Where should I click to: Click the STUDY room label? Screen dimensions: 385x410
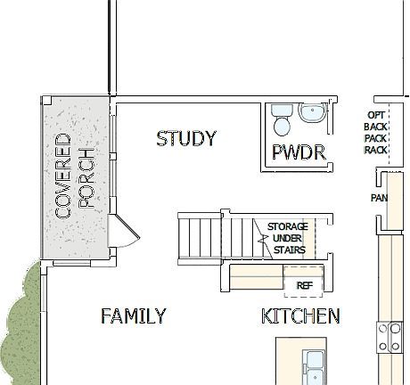pyautogui.click(x=186, y=139)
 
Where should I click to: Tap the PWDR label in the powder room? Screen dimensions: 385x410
pyautogui.click(x=299, y=152)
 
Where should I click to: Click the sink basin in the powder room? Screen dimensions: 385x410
pyautogui.click(x=313, y=113)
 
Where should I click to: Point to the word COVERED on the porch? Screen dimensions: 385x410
pyautogui.click(x=63, y=176)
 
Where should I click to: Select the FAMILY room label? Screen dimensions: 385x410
pyautogui.click(x=133, y=316)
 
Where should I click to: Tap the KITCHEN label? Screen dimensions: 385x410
pyautogui.click(x=300, y=316)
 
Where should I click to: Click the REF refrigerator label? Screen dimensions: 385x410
pyautogui.click(x=304, y=285)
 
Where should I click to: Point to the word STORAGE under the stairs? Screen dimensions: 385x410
pyautogui.click(x=288, y=227)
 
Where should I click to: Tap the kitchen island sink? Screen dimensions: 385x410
pyautogui.click(x=314, y=365)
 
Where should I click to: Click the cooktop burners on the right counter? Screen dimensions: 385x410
pyautogui.click(x=389, y=337)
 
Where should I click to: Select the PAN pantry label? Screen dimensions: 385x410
pyautogui.click(x=378, y=198)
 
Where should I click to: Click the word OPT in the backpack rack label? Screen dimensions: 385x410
pyautogui.click(x=376, y=115)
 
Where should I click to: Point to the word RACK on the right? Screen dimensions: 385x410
pyautogui.click(x=376, y=150)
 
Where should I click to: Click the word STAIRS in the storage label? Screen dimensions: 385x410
pyautogui.click(x=291, y=250)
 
